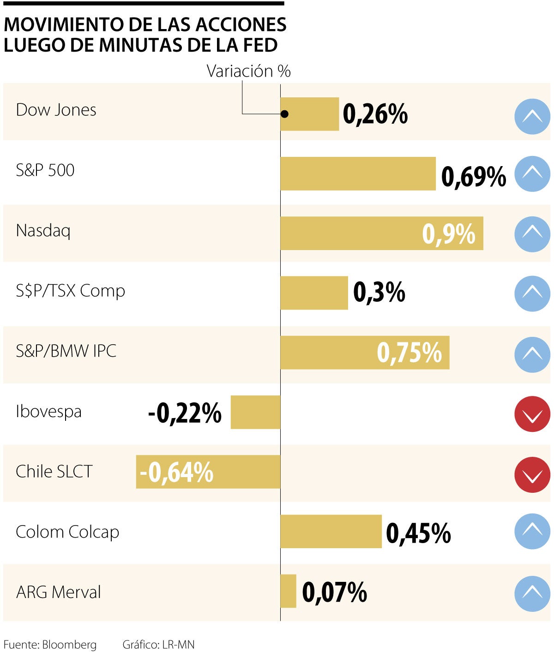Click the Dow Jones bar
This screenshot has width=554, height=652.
[x=309, y=114]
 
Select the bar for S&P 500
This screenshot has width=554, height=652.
[x=358, y=173]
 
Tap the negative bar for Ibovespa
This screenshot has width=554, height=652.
[x=255, y=412]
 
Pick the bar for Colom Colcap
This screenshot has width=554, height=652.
[x=331, y=532]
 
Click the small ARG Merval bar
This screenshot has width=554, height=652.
[x=288, y=591]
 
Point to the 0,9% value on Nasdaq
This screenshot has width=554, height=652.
[x=448, y=234]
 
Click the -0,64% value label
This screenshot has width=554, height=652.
[x=176, y=473]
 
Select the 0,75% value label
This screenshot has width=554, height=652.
[x=409, y=353]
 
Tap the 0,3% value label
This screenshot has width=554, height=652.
[x=379, y=293]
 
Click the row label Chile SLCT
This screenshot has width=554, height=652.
[x=54, y=472]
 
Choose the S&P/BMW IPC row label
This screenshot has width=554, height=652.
[x=66, y=351]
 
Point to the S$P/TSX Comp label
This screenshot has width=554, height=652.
[x=70, y=291]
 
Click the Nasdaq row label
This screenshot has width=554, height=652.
[x=43, y=230]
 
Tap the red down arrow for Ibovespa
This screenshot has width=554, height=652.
[x=532, y=414]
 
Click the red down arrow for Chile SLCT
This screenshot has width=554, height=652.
[x=532, y=474]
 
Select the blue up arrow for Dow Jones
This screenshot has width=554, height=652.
[x=532, y=116]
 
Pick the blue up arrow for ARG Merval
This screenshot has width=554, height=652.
[x=532, y=594]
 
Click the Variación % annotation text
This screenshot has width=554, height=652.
[x=248, y=71]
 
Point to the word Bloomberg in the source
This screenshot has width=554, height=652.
[x=69, y=645]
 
